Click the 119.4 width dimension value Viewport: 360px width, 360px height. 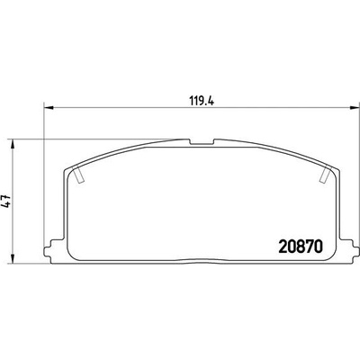pyautogui.click(x=201, y=101)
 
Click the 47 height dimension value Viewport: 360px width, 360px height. pyautogui.click(x=6, y=202)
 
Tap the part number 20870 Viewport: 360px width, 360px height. pyautogui.click(x=301, y=247)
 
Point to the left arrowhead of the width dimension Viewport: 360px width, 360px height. pyautogui.click(x=49, y=107)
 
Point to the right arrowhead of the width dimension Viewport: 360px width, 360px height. pyautogui.click(x=355, y=107)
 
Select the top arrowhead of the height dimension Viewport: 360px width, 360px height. pyautogui.click(x=12, y=144)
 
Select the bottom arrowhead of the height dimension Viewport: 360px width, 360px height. pyautogui.click(x=12, y=259)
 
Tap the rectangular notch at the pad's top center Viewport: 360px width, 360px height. pyautogui.click(x=202, y=141)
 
